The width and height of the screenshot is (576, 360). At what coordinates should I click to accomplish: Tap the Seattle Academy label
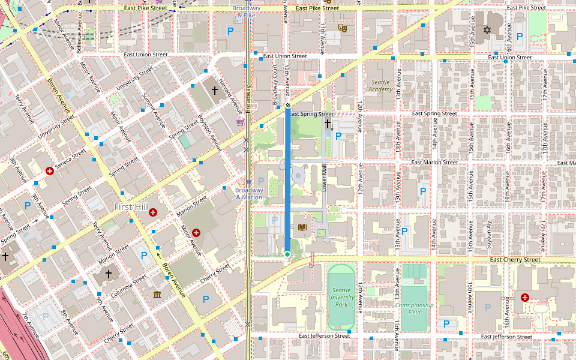[380, 86]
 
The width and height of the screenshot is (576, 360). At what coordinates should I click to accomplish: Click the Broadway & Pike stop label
[247, 11]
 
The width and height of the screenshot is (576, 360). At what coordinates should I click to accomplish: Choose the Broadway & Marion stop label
[249, 193]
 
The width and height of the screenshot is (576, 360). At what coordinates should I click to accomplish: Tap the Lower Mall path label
[323, 178]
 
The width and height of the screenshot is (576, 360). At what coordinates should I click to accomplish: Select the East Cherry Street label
[515, 260]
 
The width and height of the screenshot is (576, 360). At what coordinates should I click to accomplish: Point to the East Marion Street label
[435, 163]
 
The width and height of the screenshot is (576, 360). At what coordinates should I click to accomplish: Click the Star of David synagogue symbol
[487, 30]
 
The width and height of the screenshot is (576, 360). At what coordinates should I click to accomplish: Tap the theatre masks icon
[343, 28]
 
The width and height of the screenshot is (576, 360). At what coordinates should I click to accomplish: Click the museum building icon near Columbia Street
[157, 295]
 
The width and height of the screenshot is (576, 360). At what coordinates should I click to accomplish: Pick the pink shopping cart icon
[241, 122]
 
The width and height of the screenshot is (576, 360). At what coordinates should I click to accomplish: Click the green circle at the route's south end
[287, 254]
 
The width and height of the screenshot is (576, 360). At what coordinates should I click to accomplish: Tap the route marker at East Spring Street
[287, 105]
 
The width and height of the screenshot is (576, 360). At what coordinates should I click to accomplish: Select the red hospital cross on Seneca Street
[50, 171]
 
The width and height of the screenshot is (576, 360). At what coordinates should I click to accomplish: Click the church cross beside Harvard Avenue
[214, 90]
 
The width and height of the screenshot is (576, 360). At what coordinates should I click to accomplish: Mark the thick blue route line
[287, 180]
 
